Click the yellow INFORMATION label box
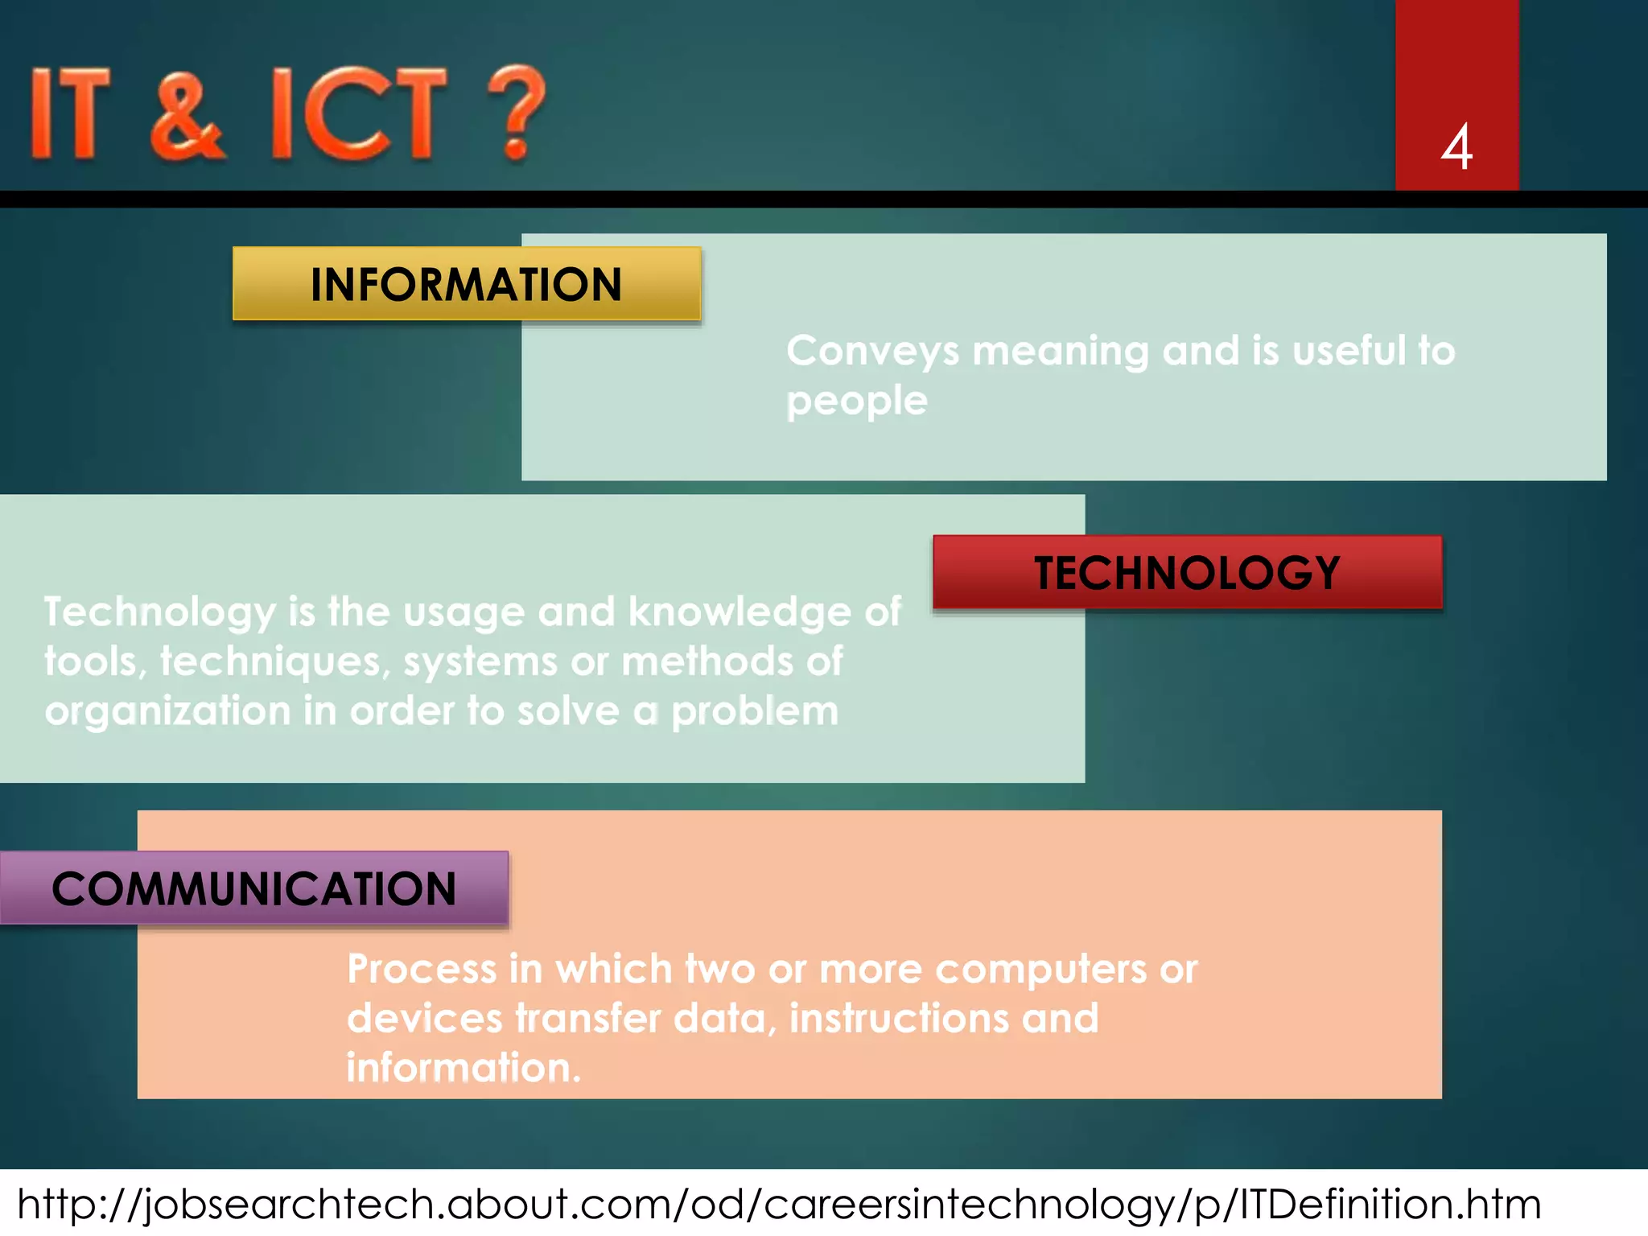click(x=467, y=284)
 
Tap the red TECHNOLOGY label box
click(x=1187, y=572)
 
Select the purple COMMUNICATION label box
click(x=254, y=888)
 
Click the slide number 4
click(x=1456, y=147)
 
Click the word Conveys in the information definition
click(x=872, y=352)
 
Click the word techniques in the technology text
click(x=274, y=661)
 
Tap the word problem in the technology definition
click(x=755, y=712)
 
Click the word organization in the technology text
click(x=167, y=712)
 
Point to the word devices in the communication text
click(x=424, y=1019)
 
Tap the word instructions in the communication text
click(x=898, y=1019)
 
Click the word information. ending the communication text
click(x=463, y=1069)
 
